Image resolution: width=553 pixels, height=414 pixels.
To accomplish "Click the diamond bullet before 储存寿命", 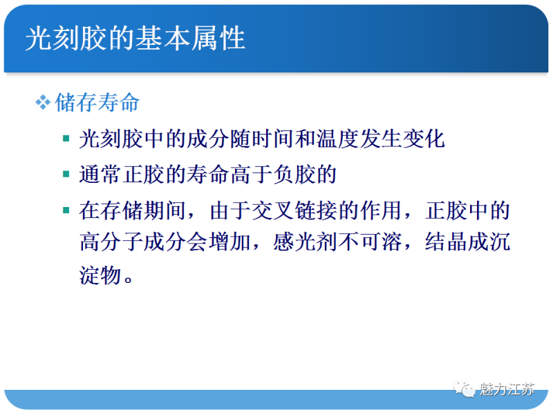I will pyautogui.click(x=43, y=103).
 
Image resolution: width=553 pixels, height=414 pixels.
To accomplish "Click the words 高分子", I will pyautogui.click(x=111, y=244).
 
